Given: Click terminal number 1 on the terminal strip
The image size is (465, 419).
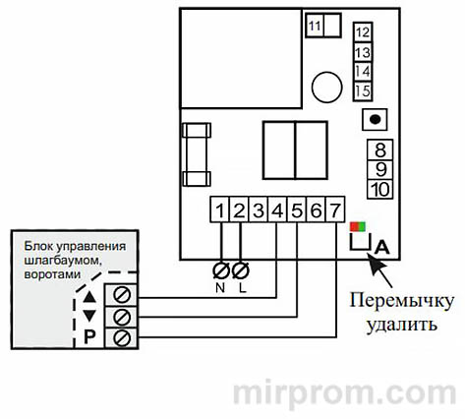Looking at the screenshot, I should (221, 209).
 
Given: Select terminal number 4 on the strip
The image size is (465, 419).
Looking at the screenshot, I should (279, 209).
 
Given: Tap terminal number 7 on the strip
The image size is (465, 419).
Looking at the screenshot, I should (335, 209).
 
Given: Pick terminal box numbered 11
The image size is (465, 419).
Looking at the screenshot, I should (316, 27).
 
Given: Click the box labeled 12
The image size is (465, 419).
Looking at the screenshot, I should (362, 31).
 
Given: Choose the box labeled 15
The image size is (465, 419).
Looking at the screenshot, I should (362, 91).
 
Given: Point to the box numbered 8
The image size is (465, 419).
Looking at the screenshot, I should (381, 150).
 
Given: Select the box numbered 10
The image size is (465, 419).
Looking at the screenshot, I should (381, 188).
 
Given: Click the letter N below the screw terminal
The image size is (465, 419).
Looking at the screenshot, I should (220, 288).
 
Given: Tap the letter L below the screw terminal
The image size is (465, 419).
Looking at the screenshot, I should (240, 288).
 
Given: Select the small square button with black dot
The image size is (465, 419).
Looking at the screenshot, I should (374, 120).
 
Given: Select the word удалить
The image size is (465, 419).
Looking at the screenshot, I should (399, 322).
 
